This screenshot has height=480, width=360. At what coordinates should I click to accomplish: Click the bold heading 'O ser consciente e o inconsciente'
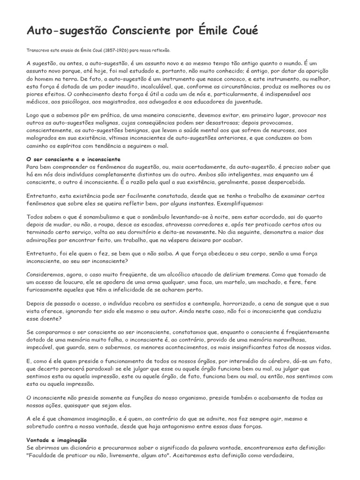[74, 159]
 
